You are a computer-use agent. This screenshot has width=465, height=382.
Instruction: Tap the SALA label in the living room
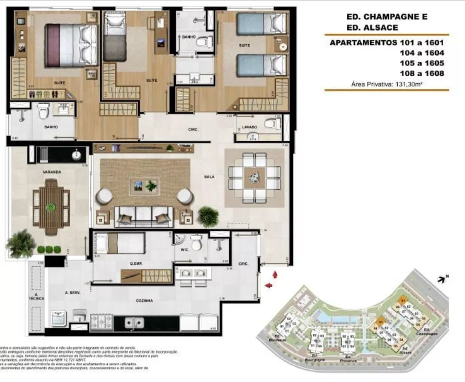click(209, 177)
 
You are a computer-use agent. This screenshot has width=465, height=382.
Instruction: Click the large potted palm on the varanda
click(21, 243)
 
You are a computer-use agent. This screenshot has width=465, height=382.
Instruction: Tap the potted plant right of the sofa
click(208, 216)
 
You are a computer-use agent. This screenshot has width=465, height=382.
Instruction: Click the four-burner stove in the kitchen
click(101, 322)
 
